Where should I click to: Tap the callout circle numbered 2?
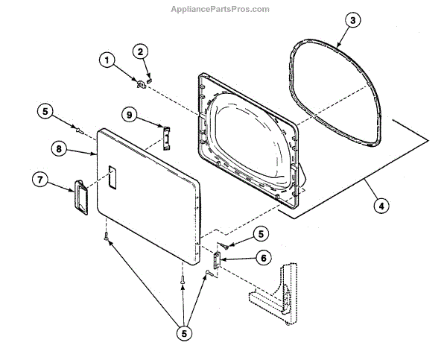139,51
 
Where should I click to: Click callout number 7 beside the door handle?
41,180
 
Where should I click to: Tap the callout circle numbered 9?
129,115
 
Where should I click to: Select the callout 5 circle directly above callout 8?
44,113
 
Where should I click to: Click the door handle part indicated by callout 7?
79,196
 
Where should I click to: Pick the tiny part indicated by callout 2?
149,75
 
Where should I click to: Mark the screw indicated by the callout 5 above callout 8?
77,130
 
